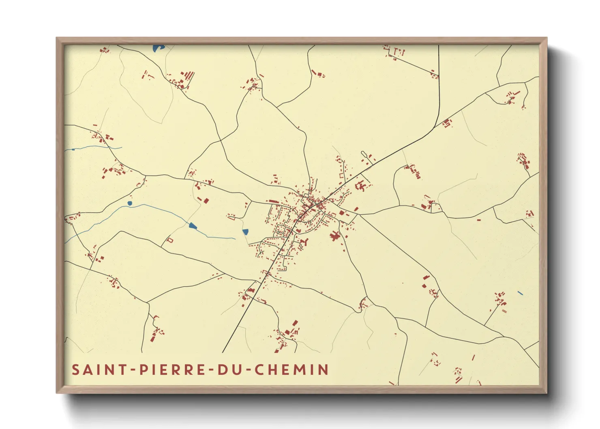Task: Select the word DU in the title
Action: click(227, 369)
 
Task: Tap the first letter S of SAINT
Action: click(75, 369)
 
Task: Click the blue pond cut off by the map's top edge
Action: click(158, 48)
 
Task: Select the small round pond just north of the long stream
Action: click(130, 203)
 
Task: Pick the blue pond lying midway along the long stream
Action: click(193, 226)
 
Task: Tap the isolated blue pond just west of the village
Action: click(245, 232)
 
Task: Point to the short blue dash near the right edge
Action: click(520, 293)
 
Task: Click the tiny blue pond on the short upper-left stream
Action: click(73, 150)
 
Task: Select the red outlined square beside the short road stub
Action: click(170, 240)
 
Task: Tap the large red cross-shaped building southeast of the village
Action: click(335, 236)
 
